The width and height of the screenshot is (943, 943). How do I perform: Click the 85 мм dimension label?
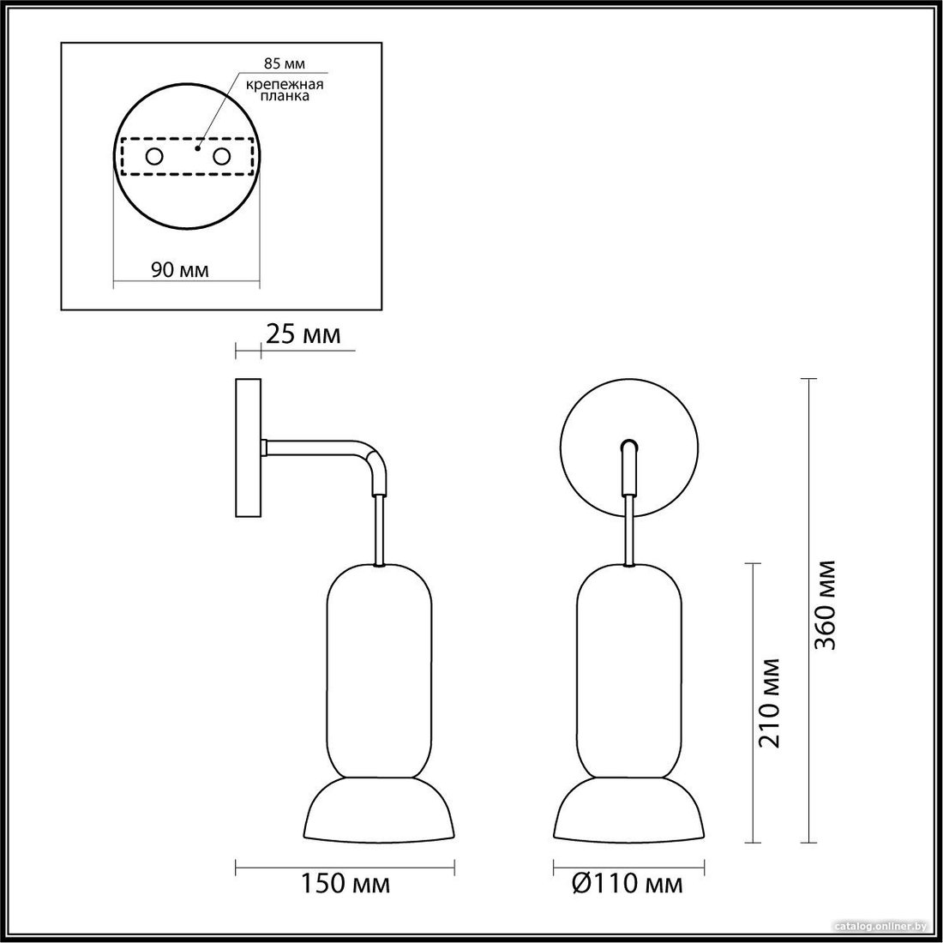tap(285, 63)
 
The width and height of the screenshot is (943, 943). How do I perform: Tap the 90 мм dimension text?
tap(180, 270)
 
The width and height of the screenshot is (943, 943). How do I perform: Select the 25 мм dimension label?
tap(303, 334)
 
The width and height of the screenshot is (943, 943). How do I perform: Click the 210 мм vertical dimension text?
tap(769, 703)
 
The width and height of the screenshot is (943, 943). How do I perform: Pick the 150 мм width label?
tap(345, 884)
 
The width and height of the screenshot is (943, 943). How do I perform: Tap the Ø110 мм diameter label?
tap(628, 884)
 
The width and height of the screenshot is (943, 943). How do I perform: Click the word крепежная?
tap(285, 84)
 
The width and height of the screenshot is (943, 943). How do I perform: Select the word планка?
tap(285, 96)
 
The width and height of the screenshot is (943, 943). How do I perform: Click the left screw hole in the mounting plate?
tap(154, 157)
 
